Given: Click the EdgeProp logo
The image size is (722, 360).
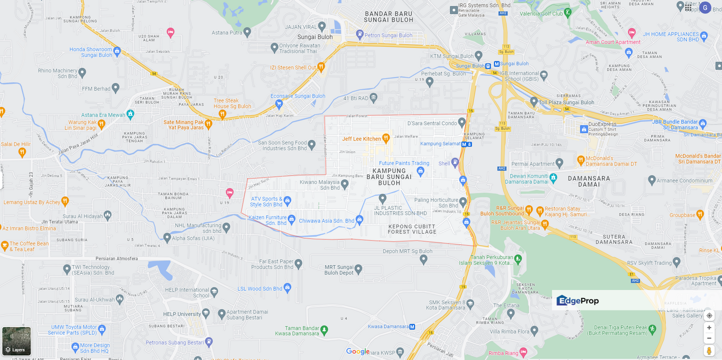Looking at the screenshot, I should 577,300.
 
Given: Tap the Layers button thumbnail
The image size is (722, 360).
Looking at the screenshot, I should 16,341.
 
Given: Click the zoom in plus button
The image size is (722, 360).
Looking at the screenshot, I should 709,327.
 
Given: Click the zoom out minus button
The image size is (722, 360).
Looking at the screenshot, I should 709,338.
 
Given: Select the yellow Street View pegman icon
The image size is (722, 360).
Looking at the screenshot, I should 709,350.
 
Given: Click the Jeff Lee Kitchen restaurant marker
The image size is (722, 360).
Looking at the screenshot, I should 385,137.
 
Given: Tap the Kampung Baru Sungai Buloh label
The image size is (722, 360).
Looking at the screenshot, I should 389,173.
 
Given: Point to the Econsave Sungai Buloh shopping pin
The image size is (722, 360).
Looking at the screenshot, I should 279,103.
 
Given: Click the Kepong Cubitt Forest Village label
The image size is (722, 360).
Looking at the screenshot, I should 412,229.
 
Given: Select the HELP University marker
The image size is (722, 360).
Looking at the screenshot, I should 206,313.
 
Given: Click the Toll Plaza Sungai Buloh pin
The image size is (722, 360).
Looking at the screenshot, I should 534,101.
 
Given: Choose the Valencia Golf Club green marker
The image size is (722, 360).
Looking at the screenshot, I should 567,12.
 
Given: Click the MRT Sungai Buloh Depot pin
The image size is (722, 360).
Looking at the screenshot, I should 358,269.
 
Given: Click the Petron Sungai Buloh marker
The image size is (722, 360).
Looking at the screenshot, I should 360,34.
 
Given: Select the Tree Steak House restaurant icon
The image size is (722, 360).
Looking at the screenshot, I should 222,114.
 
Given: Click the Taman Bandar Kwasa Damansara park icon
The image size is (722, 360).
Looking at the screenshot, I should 324,329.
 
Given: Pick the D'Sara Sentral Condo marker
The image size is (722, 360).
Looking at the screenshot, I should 461,121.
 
